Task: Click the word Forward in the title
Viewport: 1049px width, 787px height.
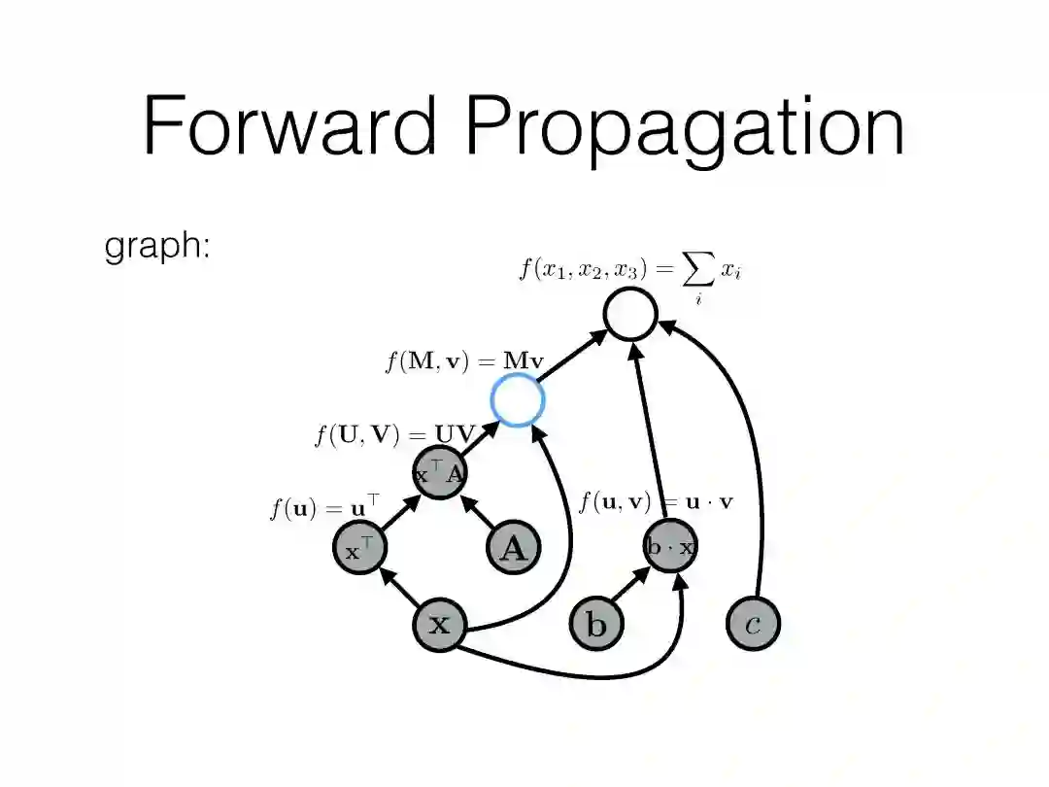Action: pos(289,126)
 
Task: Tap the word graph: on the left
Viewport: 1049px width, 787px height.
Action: pos(157,247)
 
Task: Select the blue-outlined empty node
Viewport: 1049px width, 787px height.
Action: pos(517,399)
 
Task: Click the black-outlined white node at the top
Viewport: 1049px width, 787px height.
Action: pos(630,314)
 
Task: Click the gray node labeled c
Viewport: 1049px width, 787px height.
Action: pos(753,623)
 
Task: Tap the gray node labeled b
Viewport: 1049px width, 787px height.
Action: pos(595,624)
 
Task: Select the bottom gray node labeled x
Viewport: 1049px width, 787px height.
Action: pos(440,624)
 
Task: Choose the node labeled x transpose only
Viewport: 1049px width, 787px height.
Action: pos(358,548)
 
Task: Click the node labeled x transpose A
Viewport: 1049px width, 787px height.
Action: pos(440,473)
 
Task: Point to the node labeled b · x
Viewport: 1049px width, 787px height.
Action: pos(670,547)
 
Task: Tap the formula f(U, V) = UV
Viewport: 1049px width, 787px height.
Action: pos(392,435)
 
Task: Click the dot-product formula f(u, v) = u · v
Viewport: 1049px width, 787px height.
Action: pos(657,502)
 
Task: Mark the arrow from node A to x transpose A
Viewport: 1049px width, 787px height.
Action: pos(478,512)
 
